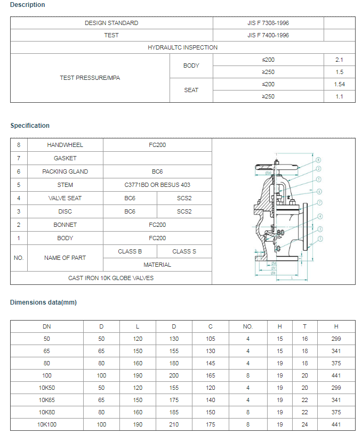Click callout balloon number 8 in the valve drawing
(x=318, y=159)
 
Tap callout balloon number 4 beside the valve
(x=320, y=216)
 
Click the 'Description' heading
(x=28, y=5)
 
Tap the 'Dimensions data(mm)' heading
(x=43, y=302)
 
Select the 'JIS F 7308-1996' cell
(x=268, y=23)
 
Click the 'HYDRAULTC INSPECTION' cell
(x=182, y=47)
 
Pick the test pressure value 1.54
(x=340, y=84)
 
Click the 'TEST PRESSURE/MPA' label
(x=90, y=78)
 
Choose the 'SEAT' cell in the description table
(x=191, y=90)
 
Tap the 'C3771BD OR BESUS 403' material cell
(x=157, y=185)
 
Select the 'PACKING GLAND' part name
(x=65, y=171)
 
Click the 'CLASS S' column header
(x=184, y=251)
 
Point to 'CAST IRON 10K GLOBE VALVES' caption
(x=111, y=278)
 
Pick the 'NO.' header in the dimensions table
(x=247, y=326)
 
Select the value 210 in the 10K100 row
(x=174, y=424)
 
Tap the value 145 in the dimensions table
(x=211, y=363)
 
